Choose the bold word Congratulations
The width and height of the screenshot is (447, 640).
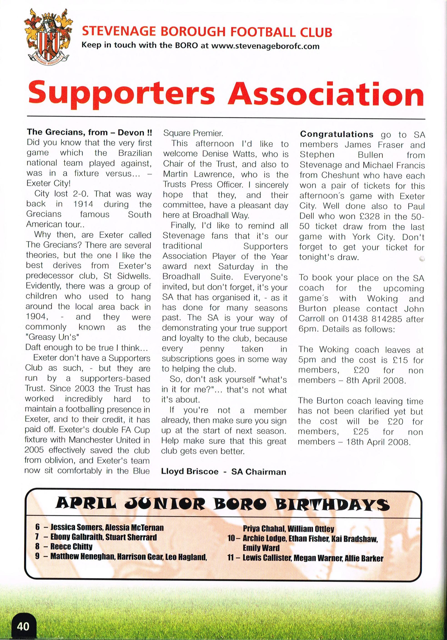[x=337, y=134]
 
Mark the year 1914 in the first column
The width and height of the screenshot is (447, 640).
[x=83, y=204]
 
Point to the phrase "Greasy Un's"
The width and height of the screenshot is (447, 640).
[x=52, y=337]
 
